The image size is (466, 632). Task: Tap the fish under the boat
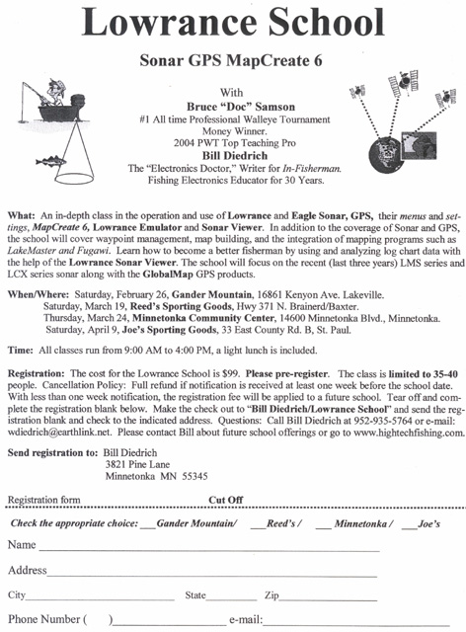[x=50, y=161]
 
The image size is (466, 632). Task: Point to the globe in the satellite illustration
[x=385, y=155]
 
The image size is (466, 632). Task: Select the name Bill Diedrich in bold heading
[x=235, y=156]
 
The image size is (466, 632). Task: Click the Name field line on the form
[x=209, y=550]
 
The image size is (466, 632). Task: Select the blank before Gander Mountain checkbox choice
[x=147, y=527]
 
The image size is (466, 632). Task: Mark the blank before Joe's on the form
[x=409, y=528]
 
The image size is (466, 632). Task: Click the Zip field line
[x=328, y=600]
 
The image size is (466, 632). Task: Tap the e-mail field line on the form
[x=356, y=624]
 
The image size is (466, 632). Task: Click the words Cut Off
[x=226, y=500]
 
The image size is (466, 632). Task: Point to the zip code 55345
[x=194, y=476]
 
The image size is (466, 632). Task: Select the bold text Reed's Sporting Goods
[x=181, y=306]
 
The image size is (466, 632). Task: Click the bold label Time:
[x=21, y=351]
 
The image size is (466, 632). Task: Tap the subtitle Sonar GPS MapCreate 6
[x=231, y=60]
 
